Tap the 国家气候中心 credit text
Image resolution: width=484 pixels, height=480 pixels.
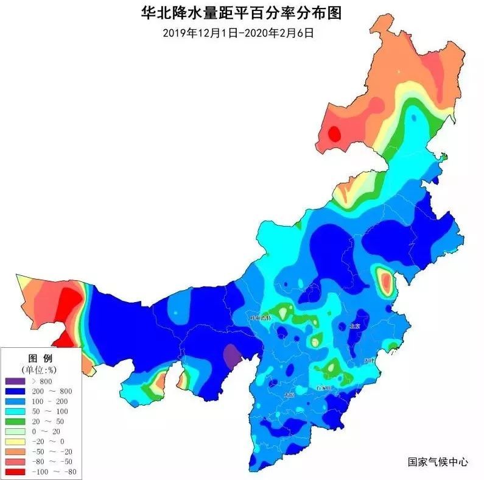point(438,462)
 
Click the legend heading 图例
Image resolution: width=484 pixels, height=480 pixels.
point(41,357)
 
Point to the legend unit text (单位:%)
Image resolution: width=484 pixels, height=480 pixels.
point(41,369)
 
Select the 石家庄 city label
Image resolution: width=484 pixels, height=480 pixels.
point(326,387)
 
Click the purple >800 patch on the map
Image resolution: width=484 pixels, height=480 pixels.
point(231,355)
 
